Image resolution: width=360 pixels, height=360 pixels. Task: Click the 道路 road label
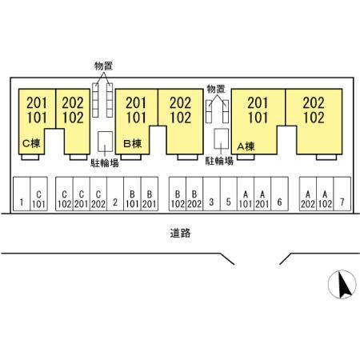coord(180,234)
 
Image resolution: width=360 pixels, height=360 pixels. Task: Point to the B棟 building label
coord(132,145)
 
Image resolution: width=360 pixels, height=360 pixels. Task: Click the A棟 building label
coord(246,146)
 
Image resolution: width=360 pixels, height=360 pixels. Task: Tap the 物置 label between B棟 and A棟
coord(216,88)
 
